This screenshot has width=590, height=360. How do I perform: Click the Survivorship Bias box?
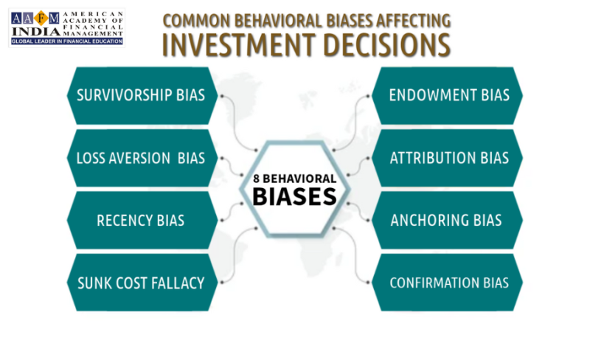(142, 96)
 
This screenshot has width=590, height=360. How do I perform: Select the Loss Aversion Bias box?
(142, 158)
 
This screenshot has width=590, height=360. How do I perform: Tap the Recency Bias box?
(142, 221)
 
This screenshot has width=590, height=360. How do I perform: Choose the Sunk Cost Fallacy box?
(142, 283)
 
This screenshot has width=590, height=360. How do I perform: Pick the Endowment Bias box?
(447, 96)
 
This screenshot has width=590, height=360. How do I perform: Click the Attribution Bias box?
(447, 158)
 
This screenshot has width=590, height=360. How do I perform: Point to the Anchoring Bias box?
(447, 221)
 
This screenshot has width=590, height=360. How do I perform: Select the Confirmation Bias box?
(447, 283)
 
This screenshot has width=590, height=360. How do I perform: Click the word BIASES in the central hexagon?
(294, 196)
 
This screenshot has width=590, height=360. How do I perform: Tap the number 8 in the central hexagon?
(256, 179)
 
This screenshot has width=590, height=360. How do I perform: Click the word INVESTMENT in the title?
(239, 45)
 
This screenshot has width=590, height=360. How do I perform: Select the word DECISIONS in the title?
(386, 45)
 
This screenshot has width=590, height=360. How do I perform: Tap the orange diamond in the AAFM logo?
(41, 18)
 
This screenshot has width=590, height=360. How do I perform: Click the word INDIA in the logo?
(36, 32)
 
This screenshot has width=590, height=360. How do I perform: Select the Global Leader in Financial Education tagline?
(67, 41)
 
